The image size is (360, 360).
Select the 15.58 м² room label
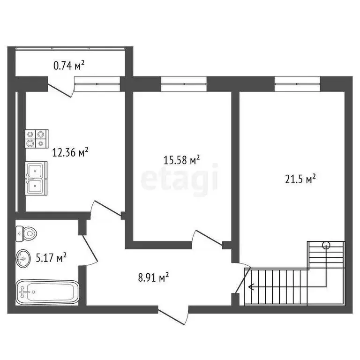(x=181, y=160)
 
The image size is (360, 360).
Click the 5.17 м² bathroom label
(x=51, y=257)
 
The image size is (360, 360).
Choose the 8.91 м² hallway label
(x=153, y=277)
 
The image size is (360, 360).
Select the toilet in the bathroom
(x=27, y=232)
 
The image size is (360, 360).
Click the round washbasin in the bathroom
(x=23, y=257)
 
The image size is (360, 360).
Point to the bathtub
(x=47, y=292)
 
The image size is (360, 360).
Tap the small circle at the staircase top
(x=326, y=244)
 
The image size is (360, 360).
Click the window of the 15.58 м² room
(x=184, y=84)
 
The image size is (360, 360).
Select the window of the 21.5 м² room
(x=297, y=84)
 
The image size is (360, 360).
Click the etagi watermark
(x=180, y=178)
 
